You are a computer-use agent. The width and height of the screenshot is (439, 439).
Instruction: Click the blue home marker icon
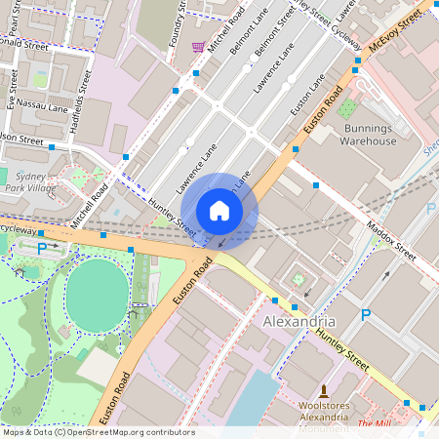tap(219, 211)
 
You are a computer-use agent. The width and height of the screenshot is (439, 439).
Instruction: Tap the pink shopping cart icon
tap(198, 46)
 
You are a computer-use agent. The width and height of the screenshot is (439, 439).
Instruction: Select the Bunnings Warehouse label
tap(368, 134)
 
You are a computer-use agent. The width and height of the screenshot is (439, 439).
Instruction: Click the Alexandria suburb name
tap(299, 321)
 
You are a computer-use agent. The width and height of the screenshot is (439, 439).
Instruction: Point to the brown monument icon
tap(324, 390)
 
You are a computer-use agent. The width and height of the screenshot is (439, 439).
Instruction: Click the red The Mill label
tap(373, 424)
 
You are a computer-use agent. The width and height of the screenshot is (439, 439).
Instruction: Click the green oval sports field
tap(97, 290)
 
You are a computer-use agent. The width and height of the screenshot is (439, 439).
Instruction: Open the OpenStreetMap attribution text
tap(98, 432)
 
